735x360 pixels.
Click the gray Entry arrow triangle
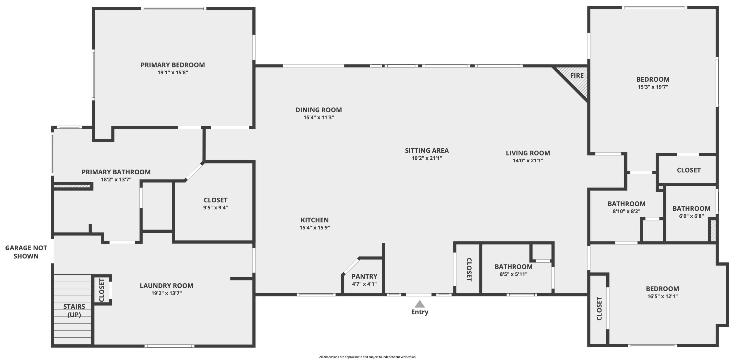point(419,304)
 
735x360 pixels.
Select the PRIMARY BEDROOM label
point(173,65)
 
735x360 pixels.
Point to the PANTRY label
point(364,276)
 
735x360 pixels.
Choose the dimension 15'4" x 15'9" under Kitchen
point(315,228)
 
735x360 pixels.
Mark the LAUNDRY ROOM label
point(166,286)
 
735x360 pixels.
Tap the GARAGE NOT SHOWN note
point(26,252)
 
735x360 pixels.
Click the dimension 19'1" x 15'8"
point(173,73)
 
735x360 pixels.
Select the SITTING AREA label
point(427,151)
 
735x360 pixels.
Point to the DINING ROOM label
point(318,110)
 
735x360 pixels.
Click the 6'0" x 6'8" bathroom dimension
point(691,216)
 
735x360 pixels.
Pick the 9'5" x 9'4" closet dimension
point(215,207)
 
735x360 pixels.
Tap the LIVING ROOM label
point(528,153)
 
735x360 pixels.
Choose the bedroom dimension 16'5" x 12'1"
point(662,296)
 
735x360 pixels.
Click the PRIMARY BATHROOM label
point(116,172)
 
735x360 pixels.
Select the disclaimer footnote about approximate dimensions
point(367,357)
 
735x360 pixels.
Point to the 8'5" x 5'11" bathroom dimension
point(513,274)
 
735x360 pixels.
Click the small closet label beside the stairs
point(102,290)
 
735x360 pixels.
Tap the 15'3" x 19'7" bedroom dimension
point(653,87)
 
